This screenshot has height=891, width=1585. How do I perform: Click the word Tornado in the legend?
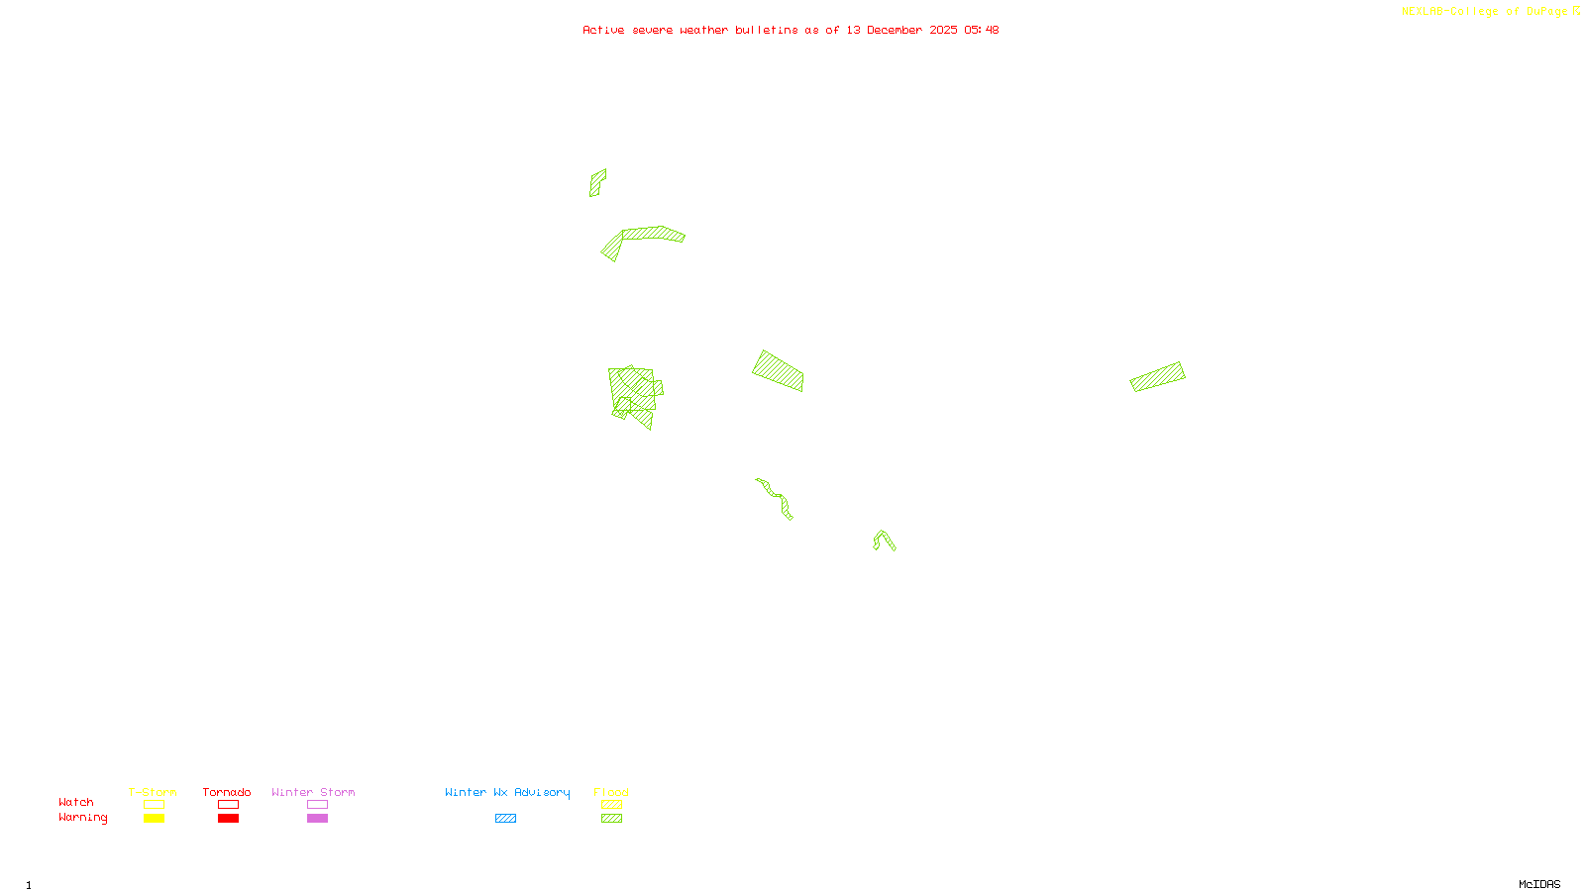(227, 792)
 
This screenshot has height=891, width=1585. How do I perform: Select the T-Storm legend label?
(153, 792)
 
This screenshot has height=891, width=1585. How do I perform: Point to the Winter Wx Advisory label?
(507, 792)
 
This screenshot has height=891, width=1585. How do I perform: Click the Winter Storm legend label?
(313, 792)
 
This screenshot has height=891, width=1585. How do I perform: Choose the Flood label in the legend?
(611, 792)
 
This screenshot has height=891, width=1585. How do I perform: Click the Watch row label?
(76, 802)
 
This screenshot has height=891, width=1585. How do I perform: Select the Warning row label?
(83, 818)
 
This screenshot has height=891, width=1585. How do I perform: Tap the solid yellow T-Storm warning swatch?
(154, 819)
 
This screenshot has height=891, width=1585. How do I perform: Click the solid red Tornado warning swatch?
(229, 819)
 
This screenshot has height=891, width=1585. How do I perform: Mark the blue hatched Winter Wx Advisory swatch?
(505, 819)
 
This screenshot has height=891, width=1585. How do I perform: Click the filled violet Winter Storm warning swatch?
(317, 819)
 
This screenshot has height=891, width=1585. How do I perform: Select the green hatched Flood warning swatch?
(612, 819)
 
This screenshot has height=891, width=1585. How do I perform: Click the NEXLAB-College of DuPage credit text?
(1485, 12)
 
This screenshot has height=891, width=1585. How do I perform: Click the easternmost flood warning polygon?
(1157, 376)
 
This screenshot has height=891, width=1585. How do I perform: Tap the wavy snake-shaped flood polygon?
(774, 496)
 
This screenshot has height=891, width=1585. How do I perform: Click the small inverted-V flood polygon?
(884, 539)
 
